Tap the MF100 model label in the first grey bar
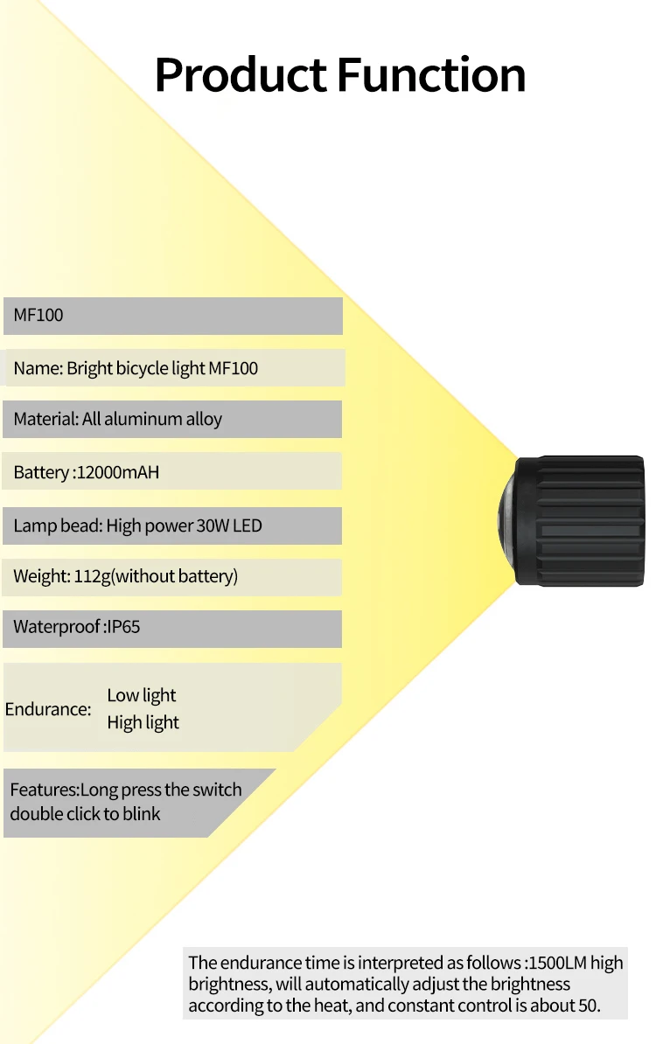tap(38, 315)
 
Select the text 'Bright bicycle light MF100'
tap(162, 368)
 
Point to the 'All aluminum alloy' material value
tap(152, 419)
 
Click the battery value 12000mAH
tap(118, 473)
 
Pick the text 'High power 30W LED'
tap(184, 525)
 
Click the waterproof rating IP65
tap(123, 627)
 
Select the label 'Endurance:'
tap(48, 709)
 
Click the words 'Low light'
tap(142, 695)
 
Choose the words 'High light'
tap(143, 722)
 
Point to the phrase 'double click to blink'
tap(86, 814)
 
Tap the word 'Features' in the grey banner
tap(44, 790)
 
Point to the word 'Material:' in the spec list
tap(45, 419)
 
